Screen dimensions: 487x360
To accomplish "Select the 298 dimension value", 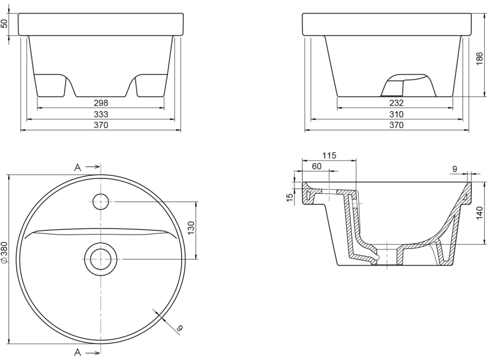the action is pos(101,103).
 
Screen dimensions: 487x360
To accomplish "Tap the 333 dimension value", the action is pos(101,114).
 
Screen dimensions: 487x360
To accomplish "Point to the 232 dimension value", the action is pos(396,103).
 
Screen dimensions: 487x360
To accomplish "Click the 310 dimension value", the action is pos(396,114).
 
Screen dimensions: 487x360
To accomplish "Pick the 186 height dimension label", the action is pos(479,59).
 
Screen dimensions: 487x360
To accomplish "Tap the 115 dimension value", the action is pos(329,155).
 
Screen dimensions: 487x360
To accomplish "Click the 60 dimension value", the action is pos(316,166).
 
